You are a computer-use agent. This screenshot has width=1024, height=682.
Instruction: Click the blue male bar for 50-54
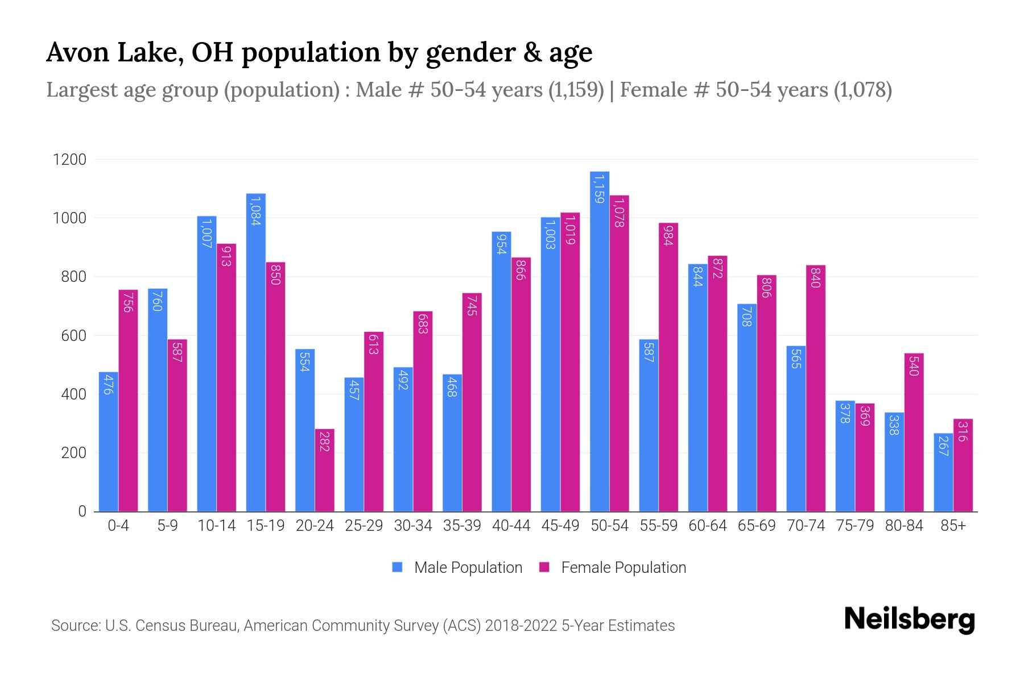pos(600,341)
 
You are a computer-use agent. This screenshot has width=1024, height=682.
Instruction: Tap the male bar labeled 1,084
pos(255,352)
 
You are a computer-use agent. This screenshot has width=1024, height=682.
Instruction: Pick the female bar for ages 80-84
pos(914,432)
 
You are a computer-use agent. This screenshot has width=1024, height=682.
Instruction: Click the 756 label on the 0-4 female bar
pos(128,302)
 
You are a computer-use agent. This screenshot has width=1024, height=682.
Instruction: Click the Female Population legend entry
pos(613,568)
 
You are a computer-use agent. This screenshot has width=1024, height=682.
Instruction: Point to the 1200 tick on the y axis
pos(69,160)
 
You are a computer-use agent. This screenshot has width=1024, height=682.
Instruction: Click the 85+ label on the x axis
pos(953,526)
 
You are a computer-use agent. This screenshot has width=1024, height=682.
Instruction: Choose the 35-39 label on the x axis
pos(462,526)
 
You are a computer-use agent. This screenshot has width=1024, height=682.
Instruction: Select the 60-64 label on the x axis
pos(707,526)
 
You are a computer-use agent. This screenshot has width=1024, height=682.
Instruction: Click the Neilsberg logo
pos(909,619)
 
